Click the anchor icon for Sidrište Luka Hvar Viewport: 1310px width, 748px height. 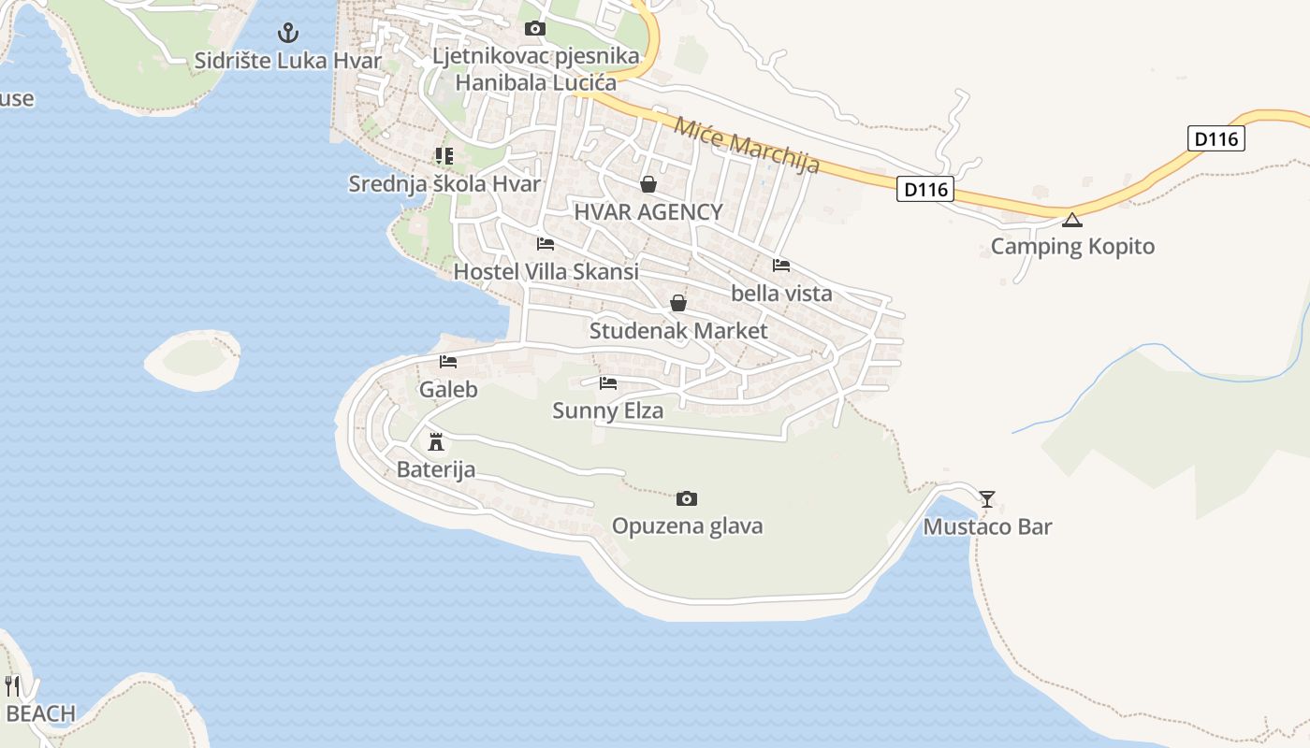tap(288, 34)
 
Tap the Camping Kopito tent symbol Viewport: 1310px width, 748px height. tap(1071, 221)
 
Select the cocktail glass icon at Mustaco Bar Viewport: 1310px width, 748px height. tap(987, 498)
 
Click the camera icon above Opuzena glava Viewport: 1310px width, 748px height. tap(687, 498)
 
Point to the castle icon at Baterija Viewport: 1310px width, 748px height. tap(435, 441)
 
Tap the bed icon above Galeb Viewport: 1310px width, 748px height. tap(448, 362)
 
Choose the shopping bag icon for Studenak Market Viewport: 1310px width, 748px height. tap(678, 303)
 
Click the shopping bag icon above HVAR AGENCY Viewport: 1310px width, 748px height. tap(648, 184)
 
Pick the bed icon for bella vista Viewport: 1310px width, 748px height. tap(781, 266)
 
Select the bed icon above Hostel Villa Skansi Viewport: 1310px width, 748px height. tap(546, 244)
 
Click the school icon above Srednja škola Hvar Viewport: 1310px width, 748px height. tap(444, 156)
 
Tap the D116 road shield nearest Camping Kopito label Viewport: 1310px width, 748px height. tap(1216, 138)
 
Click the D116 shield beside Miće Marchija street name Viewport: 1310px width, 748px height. tap(925, 189)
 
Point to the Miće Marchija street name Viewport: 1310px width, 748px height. tap(747, 145)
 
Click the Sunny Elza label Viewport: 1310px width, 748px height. tap(607, 410)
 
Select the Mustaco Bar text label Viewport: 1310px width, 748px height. tap(987, 526)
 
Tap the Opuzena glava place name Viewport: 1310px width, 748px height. tap(687, 525)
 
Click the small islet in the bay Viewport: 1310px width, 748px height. tap(192, 358)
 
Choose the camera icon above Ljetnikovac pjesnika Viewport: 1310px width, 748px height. tap(535, 29)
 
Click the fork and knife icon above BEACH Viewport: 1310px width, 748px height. tap(12, 685)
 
